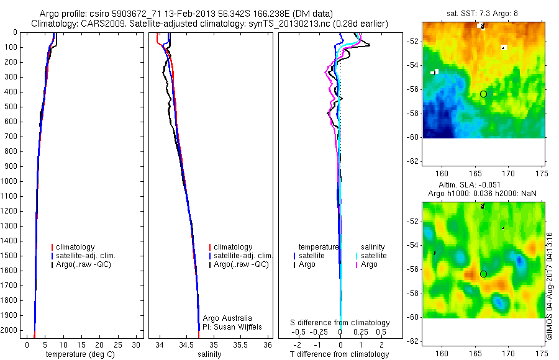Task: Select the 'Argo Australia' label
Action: (x=227, y=318)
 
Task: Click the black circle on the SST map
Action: (x=483, y=94)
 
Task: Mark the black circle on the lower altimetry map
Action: (x=483, y=274)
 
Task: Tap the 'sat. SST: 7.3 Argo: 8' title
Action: (x=483, y=13)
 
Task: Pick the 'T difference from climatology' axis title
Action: (x=339, y=354)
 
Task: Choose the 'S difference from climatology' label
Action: (x=340, y=323)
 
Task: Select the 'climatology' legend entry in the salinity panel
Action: (x=232, y=247)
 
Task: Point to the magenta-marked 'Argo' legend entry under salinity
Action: (x=369, y=264)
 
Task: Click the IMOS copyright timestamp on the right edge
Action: (x=550, y=286)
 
